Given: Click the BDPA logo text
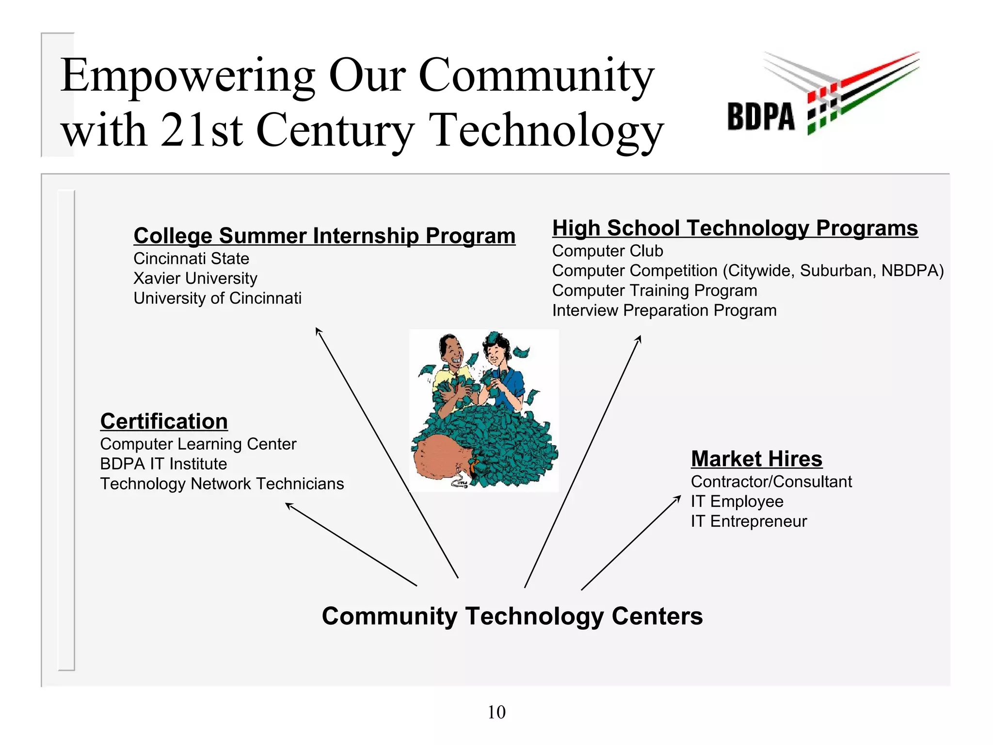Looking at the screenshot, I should pyautogui.click(x=761, y=117).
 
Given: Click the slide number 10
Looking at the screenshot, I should pyautogui.click(x=496, y=712).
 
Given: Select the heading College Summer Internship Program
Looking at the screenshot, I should pyautogui.click(x=324, y=236).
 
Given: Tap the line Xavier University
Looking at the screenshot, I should pyautogui.click(x=195, y=278).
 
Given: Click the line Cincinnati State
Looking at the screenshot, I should pyautogui.click(x=191, y=259).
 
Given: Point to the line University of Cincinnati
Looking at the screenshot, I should pyautogui.click(x=217, y=298).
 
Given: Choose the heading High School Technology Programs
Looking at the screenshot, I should pyautogui.click(x=735, y=228).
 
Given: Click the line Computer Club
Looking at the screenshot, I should pyautogui.click(x=607, y=251).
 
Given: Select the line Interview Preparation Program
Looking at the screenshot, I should pyautogui.click(x=664, y=310).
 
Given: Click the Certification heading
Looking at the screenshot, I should pyautogui.click(x=164, y=421).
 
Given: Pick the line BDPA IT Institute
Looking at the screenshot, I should pyautogui.click(x=163, y=464).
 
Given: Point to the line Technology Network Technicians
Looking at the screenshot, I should pyautogui.click(x=222, y=484).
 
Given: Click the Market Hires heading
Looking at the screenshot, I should pyautogui.click(x=756, y=459).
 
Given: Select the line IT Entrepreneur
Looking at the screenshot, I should pyautogui.click(x=749, y=521).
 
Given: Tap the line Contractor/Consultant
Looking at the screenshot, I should pyautogui.click(x=771, y=482).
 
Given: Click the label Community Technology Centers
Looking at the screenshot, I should pyautogui.click(x=512, y=616).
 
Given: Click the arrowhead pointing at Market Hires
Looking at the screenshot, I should pyautogui.click(x=678, y=498).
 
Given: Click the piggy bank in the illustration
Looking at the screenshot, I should pyautogui.click(x=441, y=458).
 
